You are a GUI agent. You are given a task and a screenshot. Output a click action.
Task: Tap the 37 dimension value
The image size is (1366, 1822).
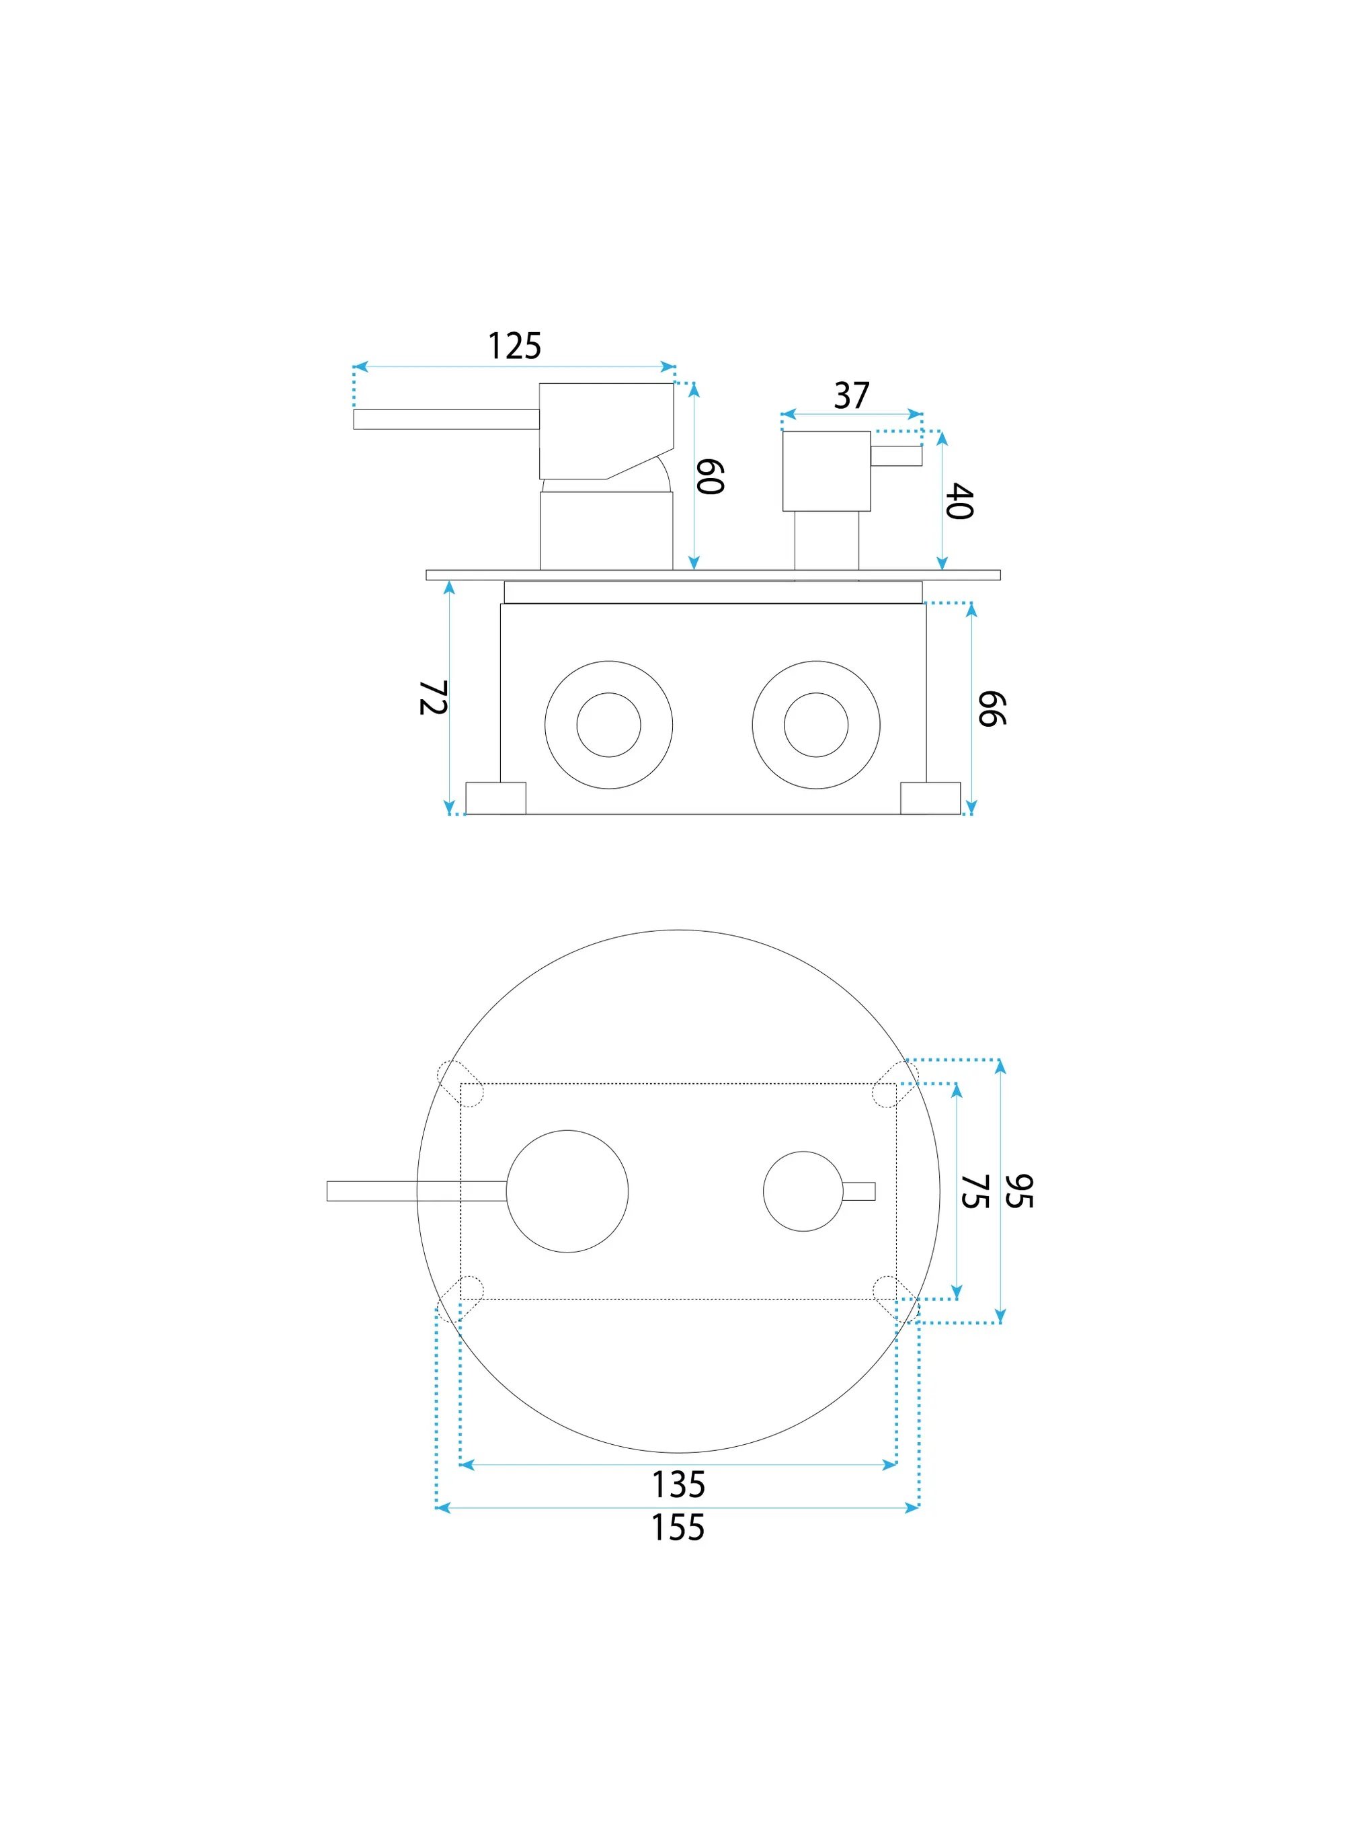tap(851, 395)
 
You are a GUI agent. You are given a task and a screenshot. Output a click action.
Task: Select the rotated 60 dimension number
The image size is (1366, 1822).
tap(710, 477)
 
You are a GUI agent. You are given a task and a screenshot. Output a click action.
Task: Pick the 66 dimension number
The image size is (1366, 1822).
tap(992, 709)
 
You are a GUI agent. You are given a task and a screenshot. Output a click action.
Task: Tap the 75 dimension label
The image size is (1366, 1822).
tap(975, 1191)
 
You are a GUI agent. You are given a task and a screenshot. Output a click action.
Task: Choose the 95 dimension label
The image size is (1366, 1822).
tap(1019, 1191)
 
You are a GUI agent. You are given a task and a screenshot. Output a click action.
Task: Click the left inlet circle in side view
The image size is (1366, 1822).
tap(608, 725)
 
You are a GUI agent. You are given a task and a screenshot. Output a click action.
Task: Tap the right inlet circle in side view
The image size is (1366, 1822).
tap(816, 725)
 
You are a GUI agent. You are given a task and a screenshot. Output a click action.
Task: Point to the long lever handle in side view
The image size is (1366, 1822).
tap(446, 420)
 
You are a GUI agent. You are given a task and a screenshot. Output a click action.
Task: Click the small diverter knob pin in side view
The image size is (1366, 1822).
tap(896, 456)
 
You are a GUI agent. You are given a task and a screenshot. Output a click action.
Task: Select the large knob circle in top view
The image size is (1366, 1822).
tap(567, 1191)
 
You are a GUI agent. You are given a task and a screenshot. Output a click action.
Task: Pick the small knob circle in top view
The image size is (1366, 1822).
tap(803, 1191)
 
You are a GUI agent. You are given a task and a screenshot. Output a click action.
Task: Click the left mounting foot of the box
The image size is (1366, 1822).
tap(495, 798)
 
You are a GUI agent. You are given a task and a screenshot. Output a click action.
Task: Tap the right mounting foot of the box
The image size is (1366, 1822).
tap(930, 798)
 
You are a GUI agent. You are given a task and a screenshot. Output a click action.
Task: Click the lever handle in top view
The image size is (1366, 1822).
tap(417, 1191)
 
